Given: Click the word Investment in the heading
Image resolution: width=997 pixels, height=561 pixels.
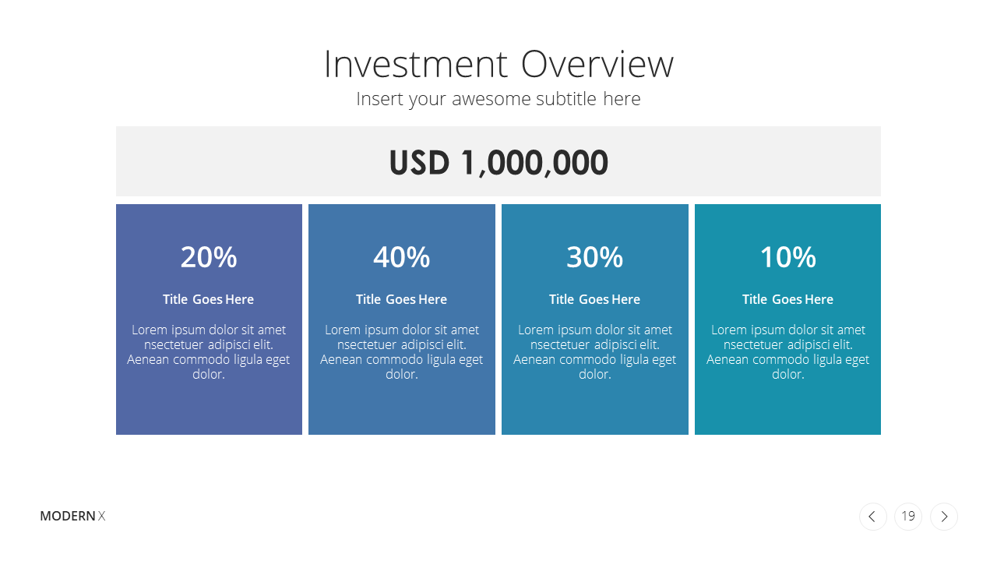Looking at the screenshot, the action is tap(416, 65).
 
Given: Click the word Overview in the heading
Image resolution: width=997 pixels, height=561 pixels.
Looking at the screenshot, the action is tap(597, 65).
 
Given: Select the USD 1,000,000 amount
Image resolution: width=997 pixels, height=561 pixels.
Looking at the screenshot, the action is tap(498, 163).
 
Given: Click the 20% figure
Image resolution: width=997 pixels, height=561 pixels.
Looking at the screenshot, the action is tap(209, 257).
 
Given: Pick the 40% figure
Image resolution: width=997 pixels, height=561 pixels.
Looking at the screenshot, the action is tap(401, 257).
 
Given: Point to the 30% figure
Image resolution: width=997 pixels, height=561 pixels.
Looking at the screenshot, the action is tap(594, 257).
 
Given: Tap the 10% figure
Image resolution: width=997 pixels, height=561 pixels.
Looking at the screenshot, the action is tap(787, 257).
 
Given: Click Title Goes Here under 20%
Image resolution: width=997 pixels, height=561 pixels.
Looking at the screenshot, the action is tap(208, 299).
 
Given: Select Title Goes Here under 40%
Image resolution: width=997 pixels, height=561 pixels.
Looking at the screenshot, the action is tap(401, 299).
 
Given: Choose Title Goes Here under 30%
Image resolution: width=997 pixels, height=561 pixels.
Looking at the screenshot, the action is tap(594, 299).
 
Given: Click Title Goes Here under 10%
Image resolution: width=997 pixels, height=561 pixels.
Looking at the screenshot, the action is tap(787, 299).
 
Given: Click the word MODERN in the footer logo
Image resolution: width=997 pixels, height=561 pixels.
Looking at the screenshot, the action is tap(68, 516).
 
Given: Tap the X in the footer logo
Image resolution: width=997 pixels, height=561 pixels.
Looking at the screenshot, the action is tap(102, 516).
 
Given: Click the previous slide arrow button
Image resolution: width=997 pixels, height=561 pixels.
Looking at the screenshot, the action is tap(873, 517).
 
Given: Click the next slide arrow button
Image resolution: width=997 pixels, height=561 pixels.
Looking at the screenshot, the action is tap(944, 517).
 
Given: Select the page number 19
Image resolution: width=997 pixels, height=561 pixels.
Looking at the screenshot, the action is tap(908, 516).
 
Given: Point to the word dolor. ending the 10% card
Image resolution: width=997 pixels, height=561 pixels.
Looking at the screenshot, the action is tap(787, 375).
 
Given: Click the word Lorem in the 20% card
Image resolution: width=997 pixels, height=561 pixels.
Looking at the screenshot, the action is tap(150, 330).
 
